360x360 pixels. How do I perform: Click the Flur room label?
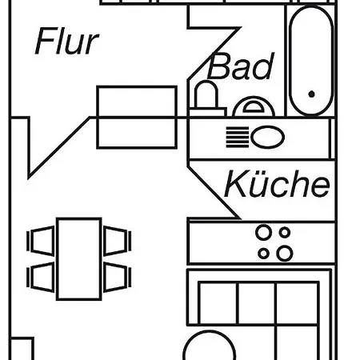(66, 42)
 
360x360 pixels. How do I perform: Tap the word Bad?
(241, 66)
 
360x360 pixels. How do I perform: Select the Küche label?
(277, 184)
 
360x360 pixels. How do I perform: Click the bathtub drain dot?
(311, 94)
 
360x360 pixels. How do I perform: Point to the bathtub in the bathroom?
(311, 61)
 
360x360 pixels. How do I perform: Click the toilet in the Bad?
(207, 98)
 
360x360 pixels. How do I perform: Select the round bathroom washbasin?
(254, 106)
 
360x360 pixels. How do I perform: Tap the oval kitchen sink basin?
(267, 137)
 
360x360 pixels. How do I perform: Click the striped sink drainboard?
(238, 137)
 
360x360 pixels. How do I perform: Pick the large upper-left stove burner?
(264, 232)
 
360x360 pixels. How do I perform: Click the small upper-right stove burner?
(285, 232)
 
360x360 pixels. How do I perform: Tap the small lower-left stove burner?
(263, 253)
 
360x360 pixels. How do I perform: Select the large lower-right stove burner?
(285, 253)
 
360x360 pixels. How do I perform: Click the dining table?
(79, 259)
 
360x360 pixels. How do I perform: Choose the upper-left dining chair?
(41, 241)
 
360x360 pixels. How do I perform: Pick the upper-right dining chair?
(118, 241)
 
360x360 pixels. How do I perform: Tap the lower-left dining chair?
(41, 278)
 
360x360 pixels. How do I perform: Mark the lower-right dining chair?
(118, 278)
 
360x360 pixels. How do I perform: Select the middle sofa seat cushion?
(256, 303)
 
